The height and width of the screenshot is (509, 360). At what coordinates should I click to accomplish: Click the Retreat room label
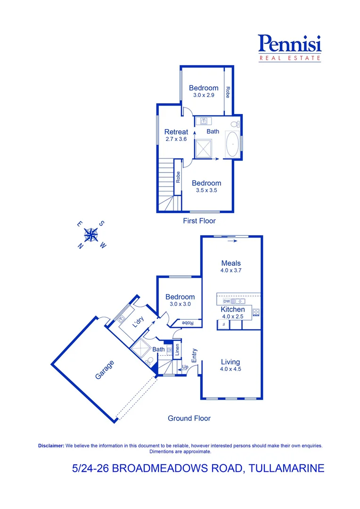[x=176, y=132]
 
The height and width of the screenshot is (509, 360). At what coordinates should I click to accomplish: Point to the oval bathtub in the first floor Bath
[x=232, y=145]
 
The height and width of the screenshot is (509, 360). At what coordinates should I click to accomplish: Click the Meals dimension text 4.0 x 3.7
[x=231, y=271]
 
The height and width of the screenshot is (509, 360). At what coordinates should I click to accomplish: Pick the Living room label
[x=230, y=362]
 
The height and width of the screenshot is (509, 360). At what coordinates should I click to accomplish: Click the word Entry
[x=194, y=355]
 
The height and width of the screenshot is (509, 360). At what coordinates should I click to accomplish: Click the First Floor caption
[x=199, y=221]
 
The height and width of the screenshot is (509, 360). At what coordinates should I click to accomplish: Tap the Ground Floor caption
[x=189, y=418]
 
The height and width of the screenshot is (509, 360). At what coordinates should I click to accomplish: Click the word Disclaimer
[x=51, y=445]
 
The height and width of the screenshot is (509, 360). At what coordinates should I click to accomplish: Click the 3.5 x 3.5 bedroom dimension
[x=206, y=190]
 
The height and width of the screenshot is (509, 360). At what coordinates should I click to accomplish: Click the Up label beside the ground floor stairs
[x=185, y=366]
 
